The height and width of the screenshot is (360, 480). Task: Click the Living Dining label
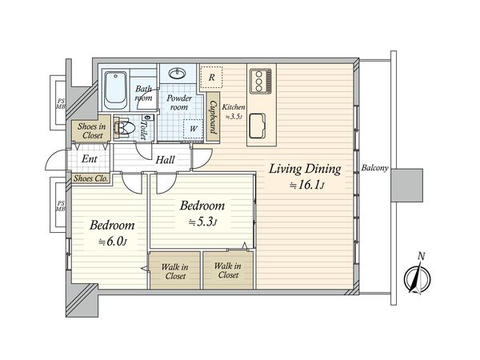305,170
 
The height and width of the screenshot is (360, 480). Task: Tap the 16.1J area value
306,186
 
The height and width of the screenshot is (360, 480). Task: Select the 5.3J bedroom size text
202,222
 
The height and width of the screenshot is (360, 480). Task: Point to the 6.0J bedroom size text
112,242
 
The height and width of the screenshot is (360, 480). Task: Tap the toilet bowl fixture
123,128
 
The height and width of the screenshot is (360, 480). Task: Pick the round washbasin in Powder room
178,73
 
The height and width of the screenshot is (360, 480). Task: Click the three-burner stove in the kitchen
261,81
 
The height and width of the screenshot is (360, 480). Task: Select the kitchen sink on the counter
257,126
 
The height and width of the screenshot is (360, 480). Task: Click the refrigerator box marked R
211,78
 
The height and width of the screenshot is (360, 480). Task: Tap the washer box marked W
193,129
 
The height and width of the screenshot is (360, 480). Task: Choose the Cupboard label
213,118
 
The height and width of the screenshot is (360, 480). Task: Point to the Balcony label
374,168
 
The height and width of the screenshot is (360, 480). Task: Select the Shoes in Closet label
91,130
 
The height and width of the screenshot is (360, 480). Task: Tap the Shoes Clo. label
90,178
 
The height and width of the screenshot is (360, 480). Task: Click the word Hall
166,160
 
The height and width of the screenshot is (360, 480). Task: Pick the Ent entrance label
90,159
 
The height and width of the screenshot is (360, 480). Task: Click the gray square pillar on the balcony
407,186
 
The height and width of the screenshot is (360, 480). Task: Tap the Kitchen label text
234,107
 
